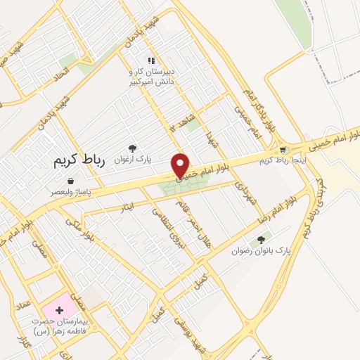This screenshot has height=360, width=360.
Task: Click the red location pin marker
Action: tap(181, 165)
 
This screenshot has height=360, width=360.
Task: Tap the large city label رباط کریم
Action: tap(79, 161)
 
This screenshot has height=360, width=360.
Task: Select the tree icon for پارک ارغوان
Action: tap(132, 148)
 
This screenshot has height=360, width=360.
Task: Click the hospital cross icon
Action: tap(59, 309)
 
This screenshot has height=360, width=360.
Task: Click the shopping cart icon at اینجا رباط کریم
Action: tap(283, 150)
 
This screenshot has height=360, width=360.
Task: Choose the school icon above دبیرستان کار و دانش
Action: tap(150, 61)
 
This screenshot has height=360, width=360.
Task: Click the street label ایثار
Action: tap(127, 205)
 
